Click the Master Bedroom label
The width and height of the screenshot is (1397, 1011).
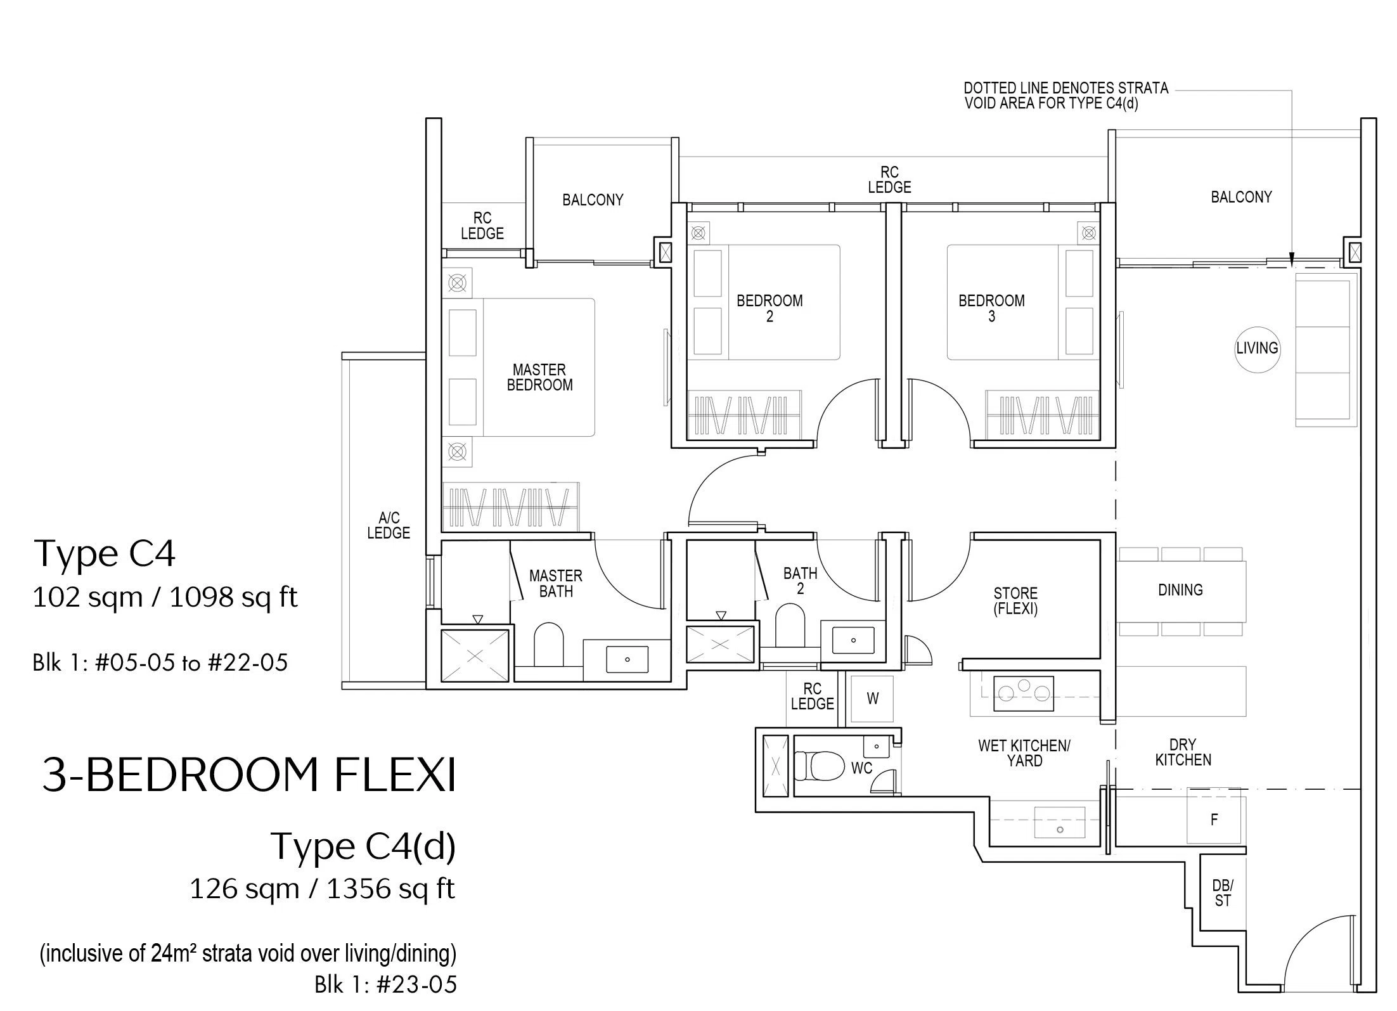539,377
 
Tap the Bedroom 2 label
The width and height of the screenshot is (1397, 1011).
769,308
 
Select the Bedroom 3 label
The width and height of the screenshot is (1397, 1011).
991,308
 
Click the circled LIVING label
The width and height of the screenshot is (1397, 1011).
1257,348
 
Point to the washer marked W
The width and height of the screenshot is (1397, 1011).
872,699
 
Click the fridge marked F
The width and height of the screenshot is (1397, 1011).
1214,820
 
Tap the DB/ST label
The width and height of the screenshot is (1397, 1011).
1223,892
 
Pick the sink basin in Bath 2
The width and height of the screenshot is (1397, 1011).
853,640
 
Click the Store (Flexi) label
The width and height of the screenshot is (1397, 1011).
1015,601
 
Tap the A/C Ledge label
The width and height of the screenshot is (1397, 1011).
389,525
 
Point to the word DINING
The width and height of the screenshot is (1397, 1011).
1180,590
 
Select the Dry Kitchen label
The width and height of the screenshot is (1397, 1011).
1183,752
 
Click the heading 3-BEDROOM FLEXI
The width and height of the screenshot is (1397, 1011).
249,775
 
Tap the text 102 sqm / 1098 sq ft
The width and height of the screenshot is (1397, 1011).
165,597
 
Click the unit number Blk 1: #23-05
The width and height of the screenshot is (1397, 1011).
385,984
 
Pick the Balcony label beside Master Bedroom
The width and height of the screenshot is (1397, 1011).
593,200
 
